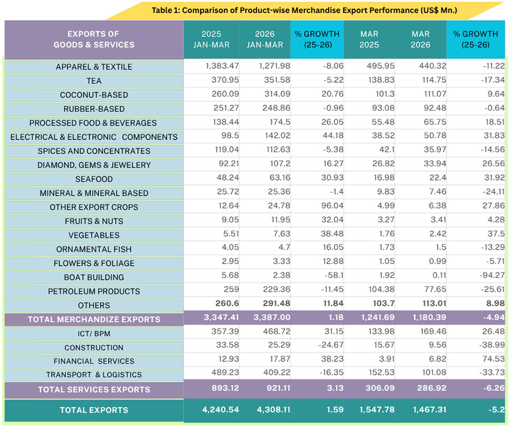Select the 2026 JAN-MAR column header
pyautogui.click(x=264, y=39)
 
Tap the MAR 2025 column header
pyautogui.click(x=369, y=39)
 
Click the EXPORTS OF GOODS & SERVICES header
pyautogui.click(x=94, y=39)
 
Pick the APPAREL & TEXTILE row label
pyautogui.click(x=94, y=67)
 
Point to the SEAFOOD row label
pyautogui.click(x=94, y=179)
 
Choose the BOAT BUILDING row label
pyautogui.click(x=94, y=277)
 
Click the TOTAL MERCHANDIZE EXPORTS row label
pyautogui.click(x=94, y=319)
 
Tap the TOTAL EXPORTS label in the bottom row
pyautogui.click(x=94, y=410)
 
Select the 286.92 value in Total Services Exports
pyautogui.click(x=421, y=389)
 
